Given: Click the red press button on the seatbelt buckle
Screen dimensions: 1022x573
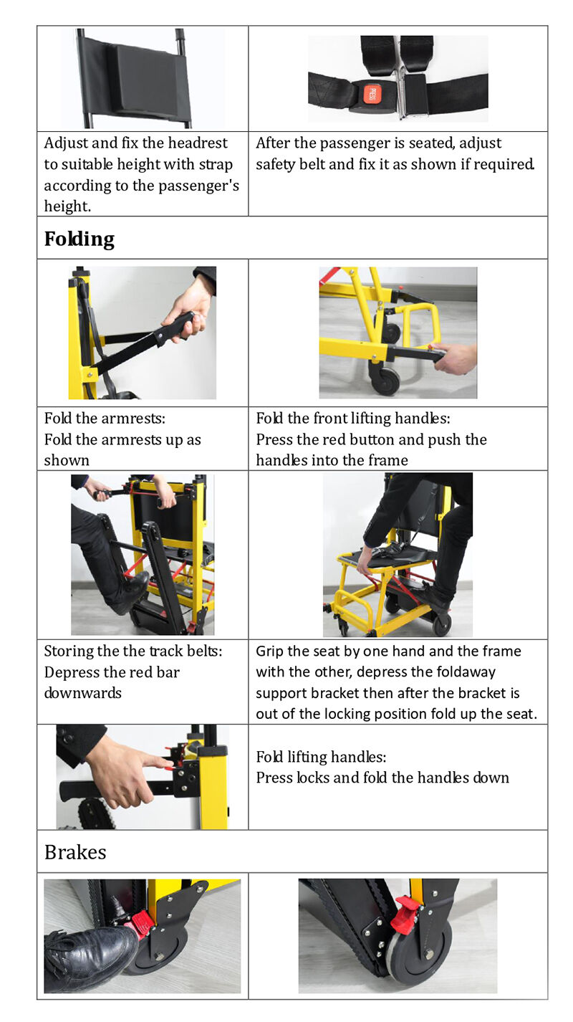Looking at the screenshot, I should [x=370, y=94].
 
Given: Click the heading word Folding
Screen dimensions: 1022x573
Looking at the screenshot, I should [x=79, y=239].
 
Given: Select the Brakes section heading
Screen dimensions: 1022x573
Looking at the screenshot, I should [x=75, y=852].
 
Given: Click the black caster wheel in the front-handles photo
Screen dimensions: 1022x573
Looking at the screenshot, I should [x=385, y=381].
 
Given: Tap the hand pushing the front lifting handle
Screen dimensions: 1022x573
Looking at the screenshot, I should [x=456, y=357].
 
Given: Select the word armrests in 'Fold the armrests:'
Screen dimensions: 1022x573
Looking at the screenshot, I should [x=134, y=419].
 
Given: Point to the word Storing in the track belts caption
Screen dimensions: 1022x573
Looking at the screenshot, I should [x=69, y=651].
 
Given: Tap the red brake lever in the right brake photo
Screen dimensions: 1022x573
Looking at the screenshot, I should [x=404, y=914].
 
